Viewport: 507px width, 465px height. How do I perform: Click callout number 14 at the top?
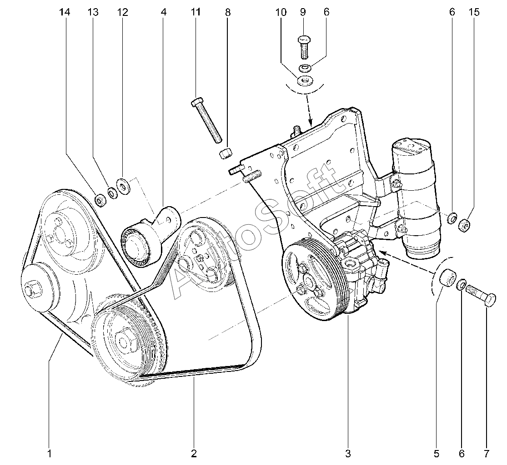tap(65, 12)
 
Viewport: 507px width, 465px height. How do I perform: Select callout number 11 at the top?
tap(196, 12)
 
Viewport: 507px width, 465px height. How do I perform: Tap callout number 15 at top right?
tap(474, 12)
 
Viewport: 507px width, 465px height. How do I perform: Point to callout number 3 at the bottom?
tap(348, 453)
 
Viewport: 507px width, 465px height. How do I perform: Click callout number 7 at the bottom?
tap(486, 453)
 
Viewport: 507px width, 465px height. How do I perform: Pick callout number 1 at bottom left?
tap(49, 453)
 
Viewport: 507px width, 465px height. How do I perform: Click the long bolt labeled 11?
tap(207, 120)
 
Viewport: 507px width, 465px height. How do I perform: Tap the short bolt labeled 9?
tap(304, 46)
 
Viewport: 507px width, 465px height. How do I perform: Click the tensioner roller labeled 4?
tap(138, 245)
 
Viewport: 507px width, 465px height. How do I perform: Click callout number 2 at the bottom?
tap(194, 453)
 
